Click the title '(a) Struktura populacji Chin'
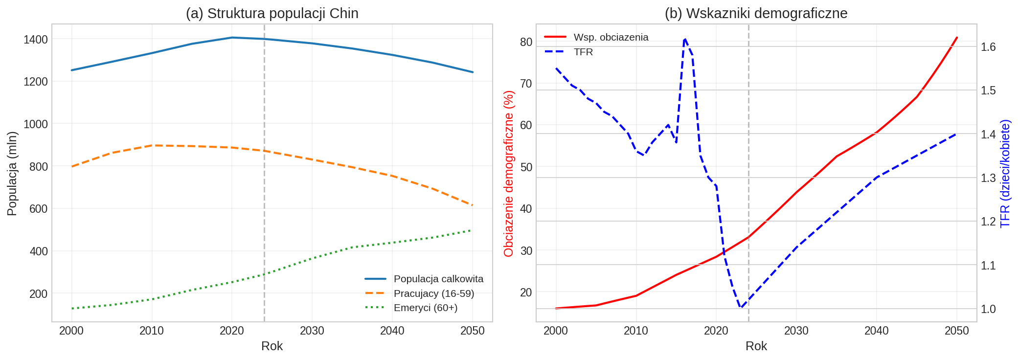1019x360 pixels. point(272,13)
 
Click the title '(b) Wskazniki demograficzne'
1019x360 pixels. point(756,13)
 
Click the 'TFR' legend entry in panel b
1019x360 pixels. point(583,52)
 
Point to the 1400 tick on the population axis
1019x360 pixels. point(36,39)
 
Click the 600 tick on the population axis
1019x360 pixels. point(39,209)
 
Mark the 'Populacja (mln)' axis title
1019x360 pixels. point(12,173)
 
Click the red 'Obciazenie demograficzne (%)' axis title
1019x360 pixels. point(509,173)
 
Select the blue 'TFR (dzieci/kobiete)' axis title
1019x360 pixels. point(1005,173)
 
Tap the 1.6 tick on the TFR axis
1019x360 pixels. point(988,47)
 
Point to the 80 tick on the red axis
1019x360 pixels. point(526,42)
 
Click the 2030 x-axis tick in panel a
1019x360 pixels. point(312,331)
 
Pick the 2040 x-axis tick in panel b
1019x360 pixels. point(877,331)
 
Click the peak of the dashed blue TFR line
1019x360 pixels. point(684,39)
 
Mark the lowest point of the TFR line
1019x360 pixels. point(741,308)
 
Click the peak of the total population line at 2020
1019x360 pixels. point(232,38)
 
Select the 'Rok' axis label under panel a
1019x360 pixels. point(272,346)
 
